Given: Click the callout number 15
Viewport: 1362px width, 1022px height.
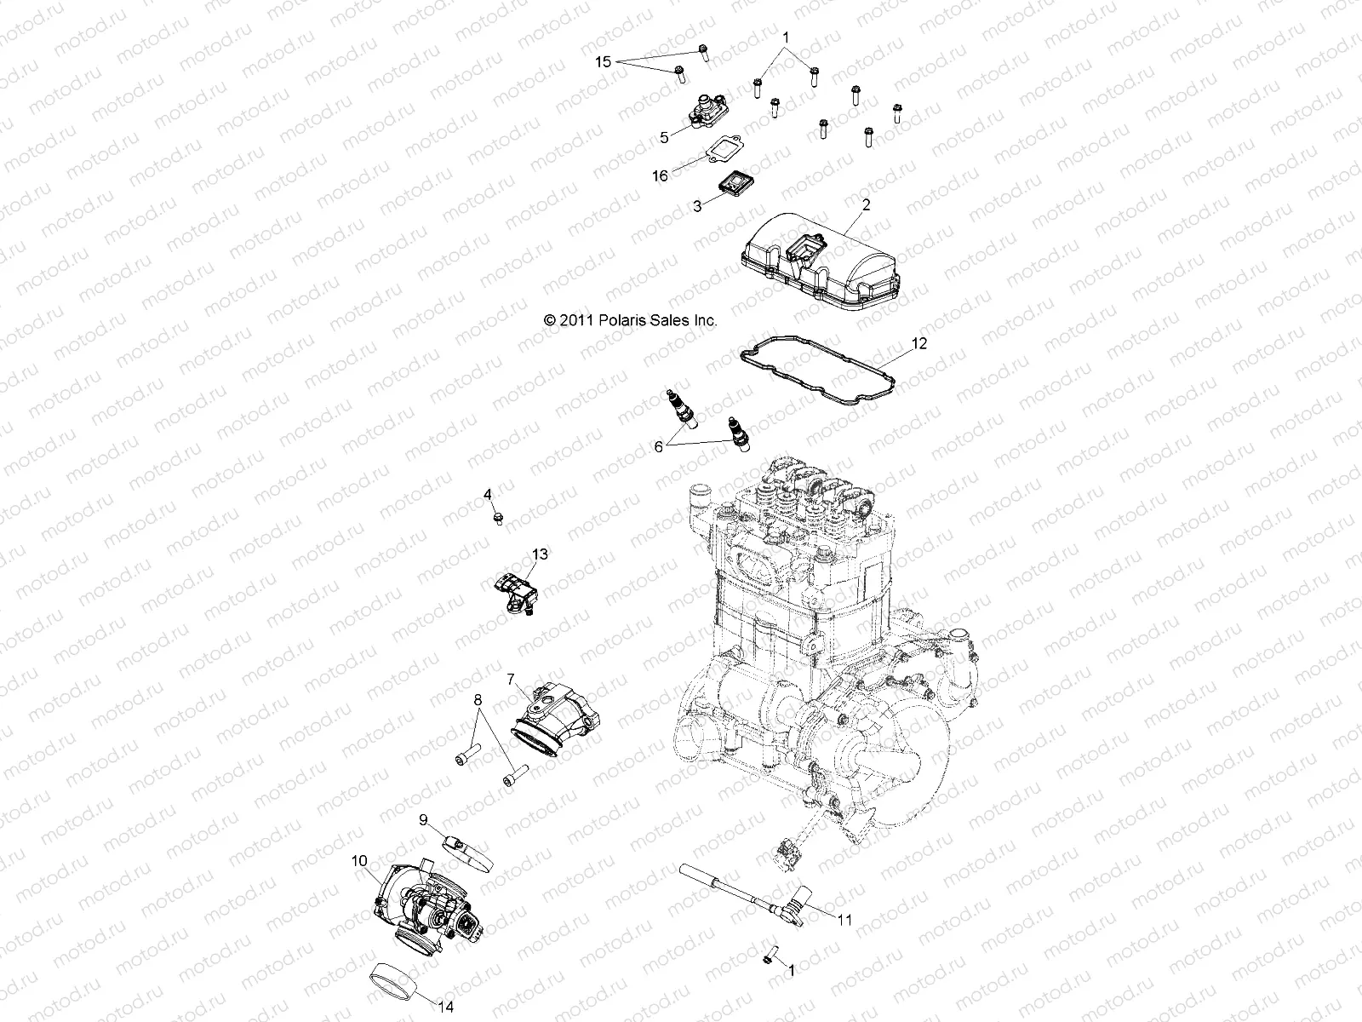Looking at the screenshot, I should [603, 62].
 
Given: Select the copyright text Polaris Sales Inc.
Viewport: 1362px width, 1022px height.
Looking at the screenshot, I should [631, 320].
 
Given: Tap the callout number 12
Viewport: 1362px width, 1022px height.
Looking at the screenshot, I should [895, 344].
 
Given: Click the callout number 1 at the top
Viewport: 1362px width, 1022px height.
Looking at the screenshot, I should [786, 38].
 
